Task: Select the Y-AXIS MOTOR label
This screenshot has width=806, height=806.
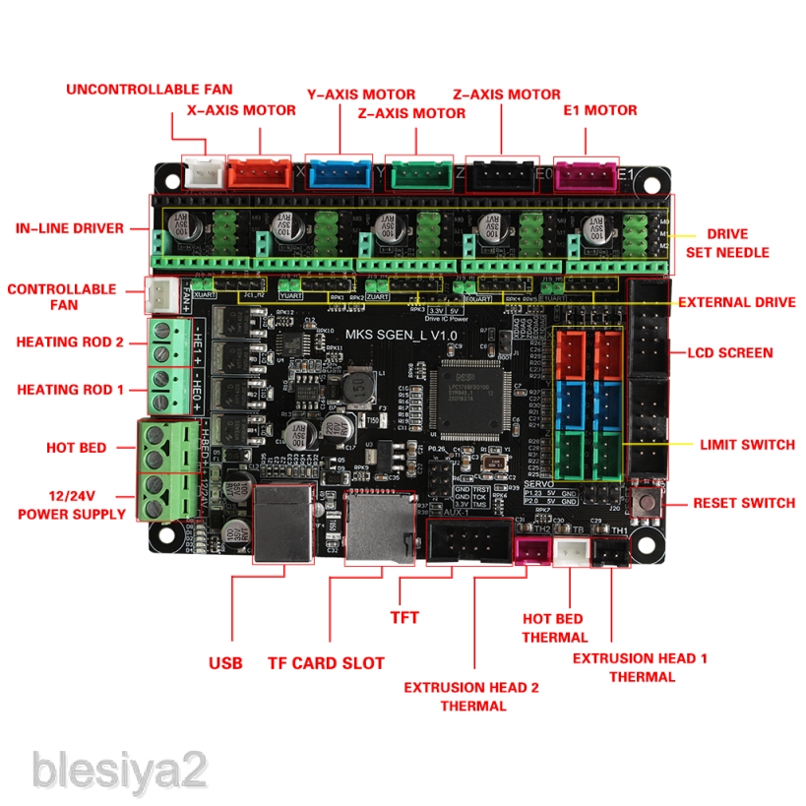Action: tap(361, 94)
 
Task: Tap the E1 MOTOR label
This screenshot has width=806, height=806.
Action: tap(599, 110)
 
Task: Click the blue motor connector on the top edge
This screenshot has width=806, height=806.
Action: tap(340, 173)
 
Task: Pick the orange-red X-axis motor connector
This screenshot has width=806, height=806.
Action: tap(259, 174)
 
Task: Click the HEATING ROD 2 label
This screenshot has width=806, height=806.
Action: tap(70, 342)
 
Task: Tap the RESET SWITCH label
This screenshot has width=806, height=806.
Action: tap(743, 503)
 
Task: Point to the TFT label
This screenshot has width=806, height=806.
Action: tap(404, 618)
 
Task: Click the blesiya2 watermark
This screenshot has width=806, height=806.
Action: tap(120, 768)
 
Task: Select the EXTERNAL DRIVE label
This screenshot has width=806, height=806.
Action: tap(736, 302)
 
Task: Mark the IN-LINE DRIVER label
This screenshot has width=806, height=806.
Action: tap(70, 228)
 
